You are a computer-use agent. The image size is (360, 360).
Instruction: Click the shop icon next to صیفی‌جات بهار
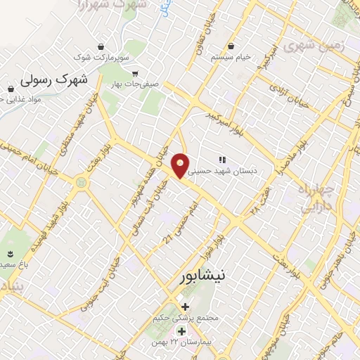point(134,72)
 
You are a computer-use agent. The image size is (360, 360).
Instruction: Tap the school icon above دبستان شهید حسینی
point(223,160)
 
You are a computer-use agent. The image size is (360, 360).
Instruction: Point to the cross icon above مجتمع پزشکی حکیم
point(185,307)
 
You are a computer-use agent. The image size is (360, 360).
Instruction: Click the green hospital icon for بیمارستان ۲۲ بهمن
point(181,331)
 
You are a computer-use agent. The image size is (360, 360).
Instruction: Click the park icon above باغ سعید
point(11,252)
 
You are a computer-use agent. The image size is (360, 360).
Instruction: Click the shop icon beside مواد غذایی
point(11,89)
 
